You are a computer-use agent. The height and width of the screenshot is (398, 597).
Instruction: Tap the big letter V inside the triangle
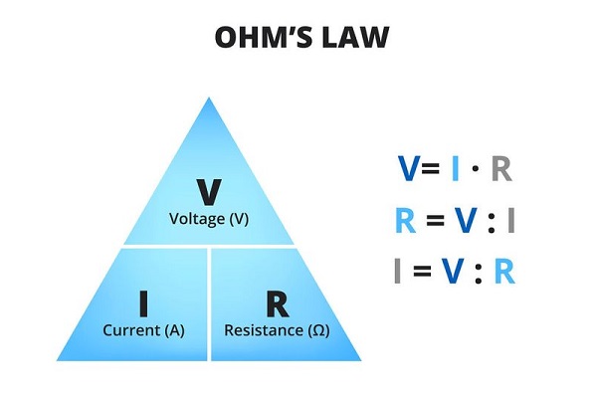[x=208, y=190]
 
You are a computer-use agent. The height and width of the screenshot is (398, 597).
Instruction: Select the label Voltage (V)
[x=209, y=218]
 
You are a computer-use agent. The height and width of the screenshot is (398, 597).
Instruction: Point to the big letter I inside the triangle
[x=141, y=301]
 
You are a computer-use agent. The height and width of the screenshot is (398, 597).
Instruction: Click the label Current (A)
[x=141, y=329]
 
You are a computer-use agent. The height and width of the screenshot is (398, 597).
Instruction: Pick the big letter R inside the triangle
[x=277, y=301]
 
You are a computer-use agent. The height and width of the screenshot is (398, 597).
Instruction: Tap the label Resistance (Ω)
[x=277, y=329]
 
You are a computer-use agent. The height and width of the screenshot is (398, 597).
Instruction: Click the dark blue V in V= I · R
[x=408, y=170]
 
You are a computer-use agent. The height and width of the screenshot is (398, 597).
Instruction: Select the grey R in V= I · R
[x=501, y=170]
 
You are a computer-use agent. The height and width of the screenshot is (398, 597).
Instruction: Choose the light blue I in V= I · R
[x=455, y=170]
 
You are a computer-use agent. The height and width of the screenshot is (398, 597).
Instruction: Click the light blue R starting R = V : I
[x=405, y=221]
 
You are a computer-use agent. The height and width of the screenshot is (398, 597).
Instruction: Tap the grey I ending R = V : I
[x=511, y=221]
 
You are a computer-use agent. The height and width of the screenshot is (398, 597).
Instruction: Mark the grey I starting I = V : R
[x=400, y=272]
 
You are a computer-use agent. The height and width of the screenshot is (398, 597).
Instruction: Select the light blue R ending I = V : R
[x=505, y=272]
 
